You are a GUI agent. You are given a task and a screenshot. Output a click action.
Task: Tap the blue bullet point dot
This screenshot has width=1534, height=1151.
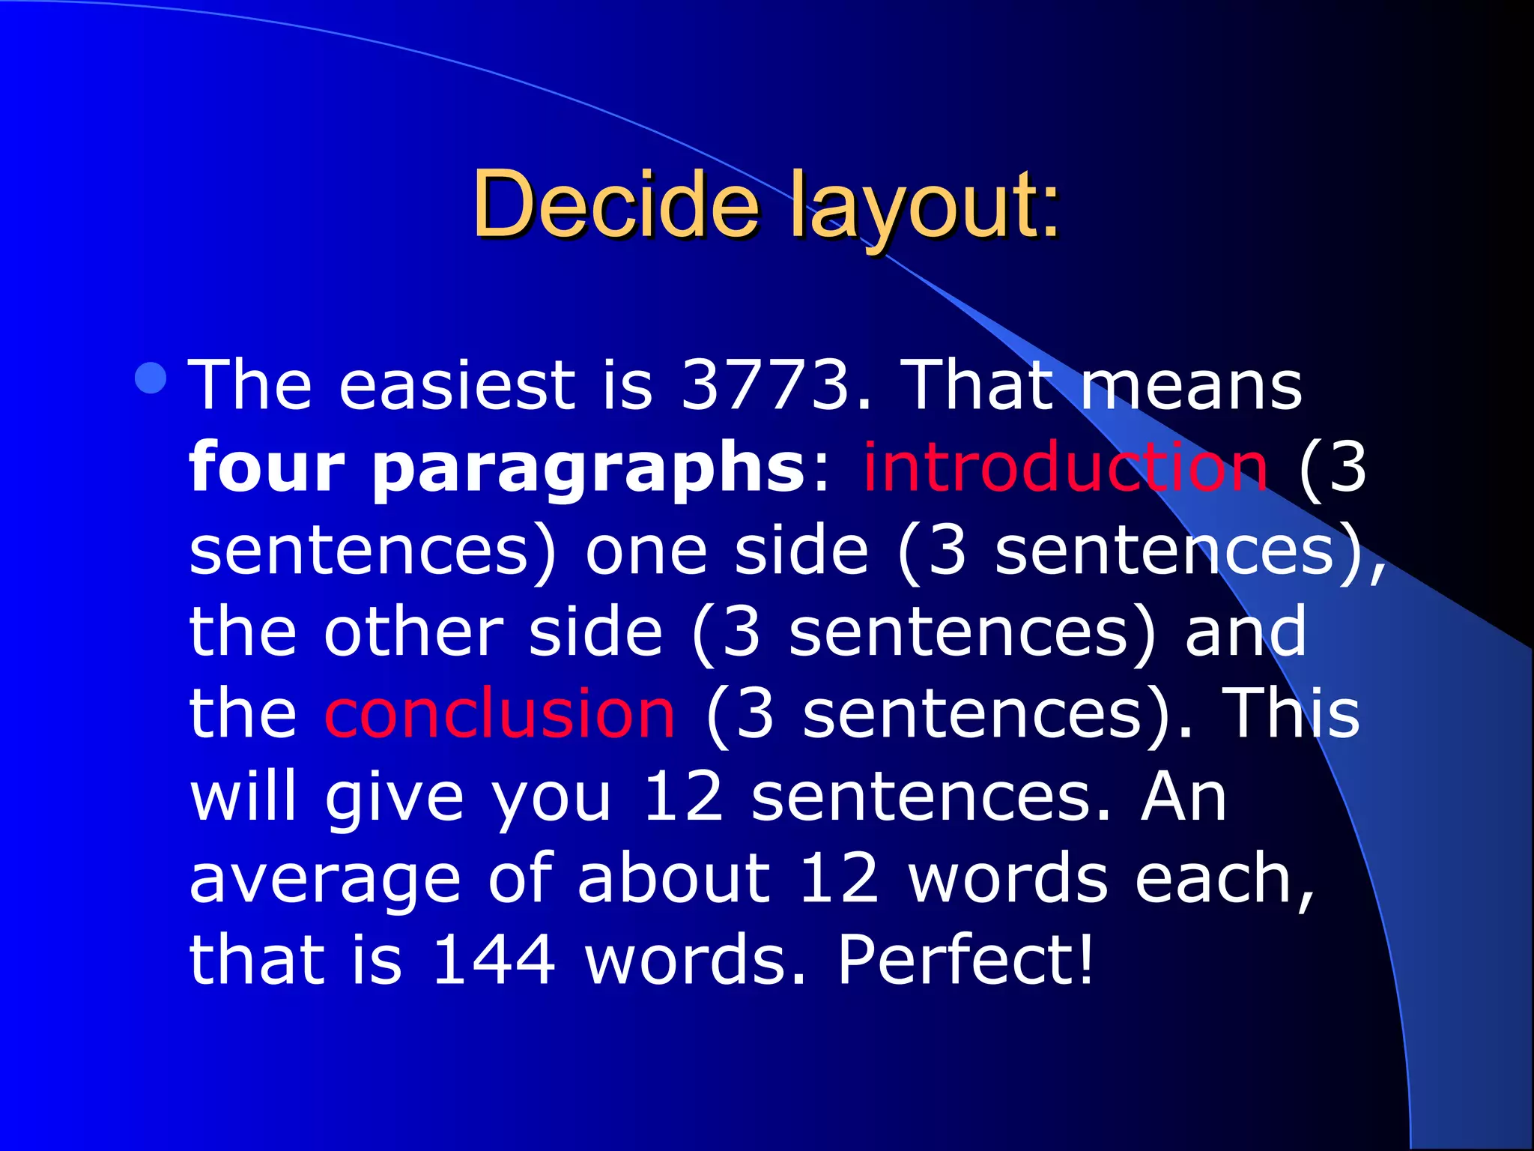pyautogui.click(x=151, y=378)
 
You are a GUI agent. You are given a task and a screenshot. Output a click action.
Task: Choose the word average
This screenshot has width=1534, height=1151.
pyautogui.click(x=324, y=880)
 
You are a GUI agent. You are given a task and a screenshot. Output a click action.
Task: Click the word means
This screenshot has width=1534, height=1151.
pyautogui.click(x=1190, y=387)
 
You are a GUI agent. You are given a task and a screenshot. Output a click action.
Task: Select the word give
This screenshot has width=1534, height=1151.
pyautogui.click(x=395, y=799)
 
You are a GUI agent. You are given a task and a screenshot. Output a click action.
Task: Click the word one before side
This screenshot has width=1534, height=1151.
pyautogui.click(x=646, y=552)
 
